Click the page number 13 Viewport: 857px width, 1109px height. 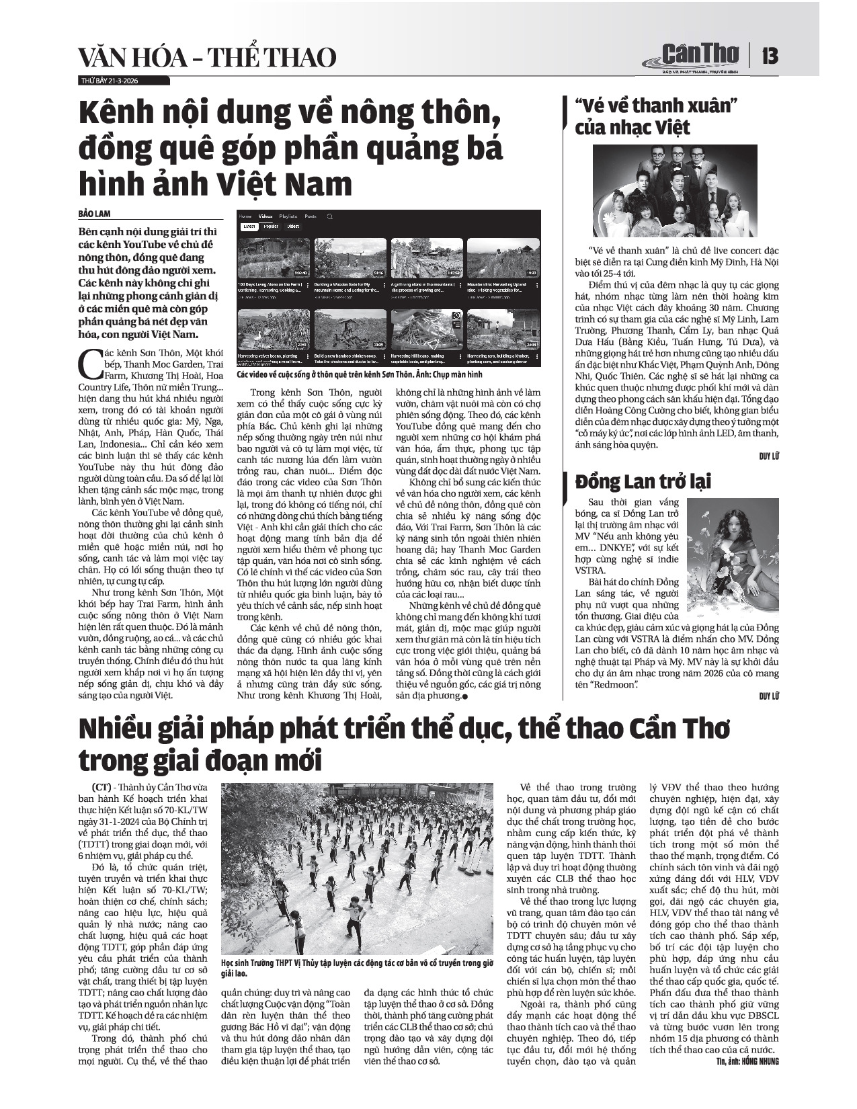(x=770, y=55)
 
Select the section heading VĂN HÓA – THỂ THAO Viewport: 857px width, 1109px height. (x=207, y=58)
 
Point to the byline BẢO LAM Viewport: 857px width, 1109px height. (x=94, y=214)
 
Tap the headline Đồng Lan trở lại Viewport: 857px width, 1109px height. (x=643, y=481)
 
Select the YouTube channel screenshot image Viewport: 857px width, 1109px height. (x=389, y=288)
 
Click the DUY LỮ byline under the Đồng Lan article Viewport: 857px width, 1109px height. (x=769, y=696)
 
